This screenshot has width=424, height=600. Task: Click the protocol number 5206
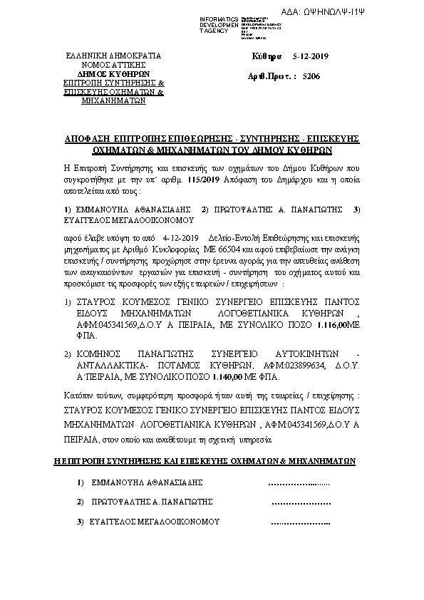311,74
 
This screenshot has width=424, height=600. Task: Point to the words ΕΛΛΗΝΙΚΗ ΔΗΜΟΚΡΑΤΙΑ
113,56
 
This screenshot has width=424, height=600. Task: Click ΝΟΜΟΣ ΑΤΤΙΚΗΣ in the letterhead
113,65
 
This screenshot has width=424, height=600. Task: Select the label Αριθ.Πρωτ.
270,74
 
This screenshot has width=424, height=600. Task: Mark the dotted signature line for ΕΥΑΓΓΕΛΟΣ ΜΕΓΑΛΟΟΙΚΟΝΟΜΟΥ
301,522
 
